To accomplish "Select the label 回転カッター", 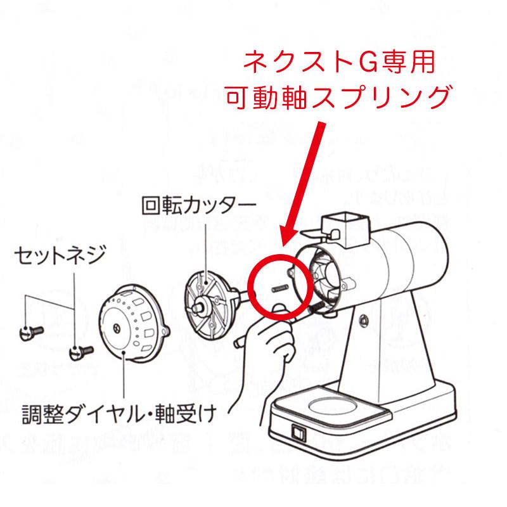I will (x=195, y=205).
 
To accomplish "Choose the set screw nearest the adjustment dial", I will (x=80, y=350).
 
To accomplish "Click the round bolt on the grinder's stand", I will (x=365, y=322).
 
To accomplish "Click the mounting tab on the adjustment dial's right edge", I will (x=167, y=331).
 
